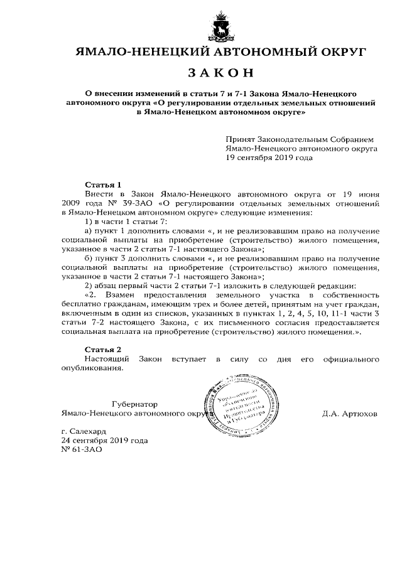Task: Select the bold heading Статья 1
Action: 102,185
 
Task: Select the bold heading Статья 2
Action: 102,349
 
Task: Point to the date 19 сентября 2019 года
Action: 269,158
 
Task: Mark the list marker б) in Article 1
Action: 88,258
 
